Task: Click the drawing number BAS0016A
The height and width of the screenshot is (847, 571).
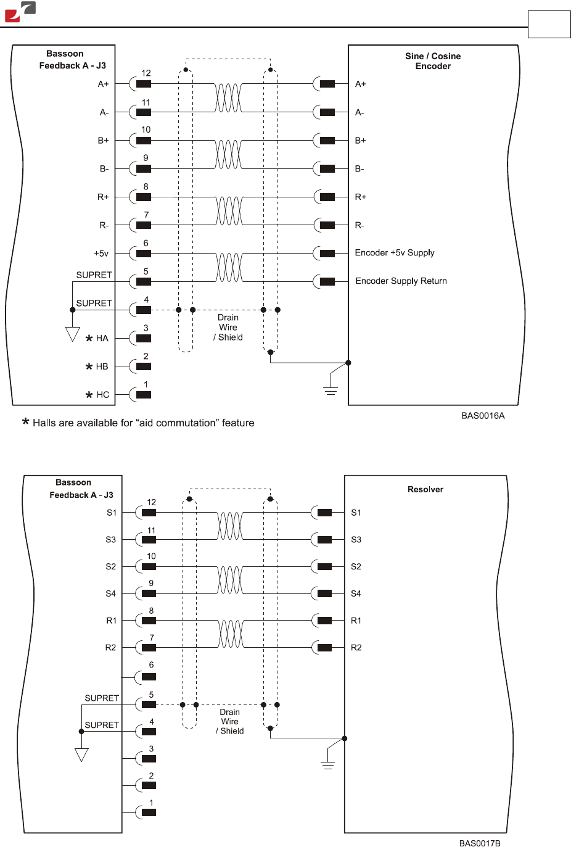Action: [x=482, y=416]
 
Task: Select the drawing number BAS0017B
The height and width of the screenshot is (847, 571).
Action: [x=479, y=843]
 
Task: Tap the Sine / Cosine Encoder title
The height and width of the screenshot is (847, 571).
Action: [x=433, y=61]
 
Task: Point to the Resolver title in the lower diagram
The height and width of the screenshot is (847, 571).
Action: [x=425, y=489]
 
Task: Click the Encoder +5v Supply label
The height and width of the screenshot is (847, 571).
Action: [x=395, y=253]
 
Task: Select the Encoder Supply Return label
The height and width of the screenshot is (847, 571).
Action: [x=401, y=281]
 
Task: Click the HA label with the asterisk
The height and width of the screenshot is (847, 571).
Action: [x=97, y=338]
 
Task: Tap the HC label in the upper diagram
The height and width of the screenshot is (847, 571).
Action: [x=98, y=395]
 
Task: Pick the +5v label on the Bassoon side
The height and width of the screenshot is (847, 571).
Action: [x=101, y=254]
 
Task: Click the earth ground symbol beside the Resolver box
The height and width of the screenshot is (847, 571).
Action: [x=327, y=765]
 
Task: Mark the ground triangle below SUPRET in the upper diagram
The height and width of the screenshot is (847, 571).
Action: [x=73, y=334]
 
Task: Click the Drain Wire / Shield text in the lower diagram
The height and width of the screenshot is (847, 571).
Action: [x=229, y=721]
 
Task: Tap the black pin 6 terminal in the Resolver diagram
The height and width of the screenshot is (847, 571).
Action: [x=149, y=677]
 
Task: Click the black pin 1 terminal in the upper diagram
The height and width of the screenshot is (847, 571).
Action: [x=144, y=395]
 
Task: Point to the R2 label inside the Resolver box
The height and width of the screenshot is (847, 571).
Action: [x=356, y=648]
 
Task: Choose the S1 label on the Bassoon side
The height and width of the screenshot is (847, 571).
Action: [x=112, y=513]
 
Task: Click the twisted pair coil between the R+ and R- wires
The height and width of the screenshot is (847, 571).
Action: [x=228, y=211]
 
